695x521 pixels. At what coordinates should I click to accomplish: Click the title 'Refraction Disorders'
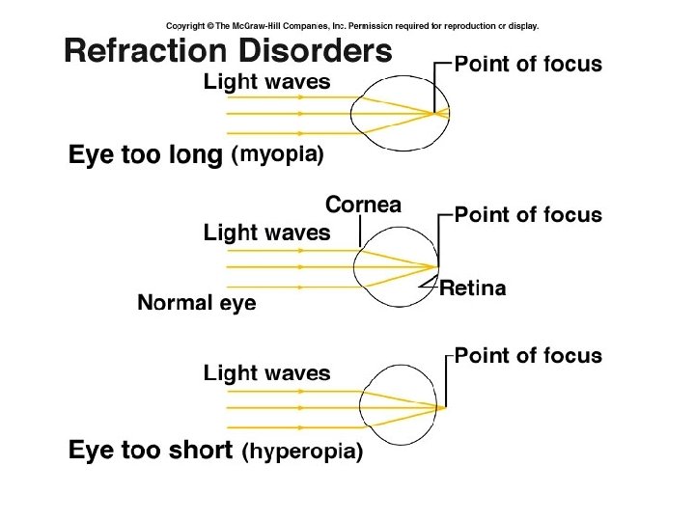[x=228, y=50]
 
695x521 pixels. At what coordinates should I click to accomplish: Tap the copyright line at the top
[x=352, y=26]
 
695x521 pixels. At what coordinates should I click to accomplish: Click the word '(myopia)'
[x=277, y=154]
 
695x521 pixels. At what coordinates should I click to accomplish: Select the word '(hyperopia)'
[x=302, y=451]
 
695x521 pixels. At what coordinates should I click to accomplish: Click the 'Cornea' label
[x=363, y=205]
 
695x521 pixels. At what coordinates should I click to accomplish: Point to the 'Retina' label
[x=472, y=288]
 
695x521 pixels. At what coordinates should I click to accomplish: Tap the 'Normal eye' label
[x=197, y=304]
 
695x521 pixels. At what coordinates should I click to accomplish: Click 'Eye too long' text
[x=145, y=154]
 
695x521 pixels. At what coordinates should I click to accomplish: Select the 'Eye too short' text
[x=151, y=451]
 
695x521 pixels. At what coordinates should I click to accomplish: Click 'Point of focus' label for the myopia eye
[x=528, y=66]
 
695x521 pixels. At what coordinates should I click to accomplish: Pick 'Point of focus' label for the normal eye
[x=528, y=214]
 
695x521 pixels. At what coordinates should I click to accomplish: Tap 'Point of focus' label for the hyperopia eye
[x=528, y=356]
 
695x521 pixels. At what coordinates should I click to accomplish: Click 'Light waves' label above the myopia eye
[x=266, y=82]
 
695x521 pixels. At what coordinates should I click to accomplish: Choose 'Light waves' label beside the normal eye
[x=266, y=233]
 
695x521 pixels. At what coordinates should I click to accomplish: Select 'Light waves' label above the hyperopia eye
[x=266, y=373]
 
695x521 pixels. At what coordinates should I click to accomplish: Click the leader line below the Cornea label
[x=359, y=231]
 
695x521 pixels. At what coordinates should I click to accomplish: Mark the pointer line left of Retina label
[x=428, y=285]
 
